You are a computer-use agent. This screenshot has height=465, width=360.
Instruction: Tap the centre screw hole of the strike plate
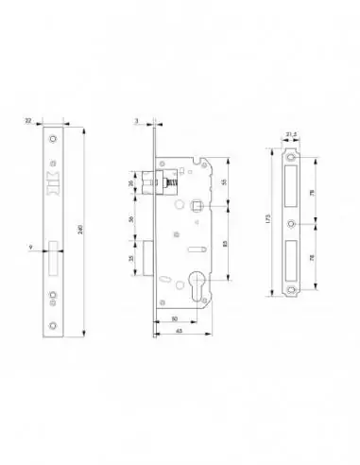292,225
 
